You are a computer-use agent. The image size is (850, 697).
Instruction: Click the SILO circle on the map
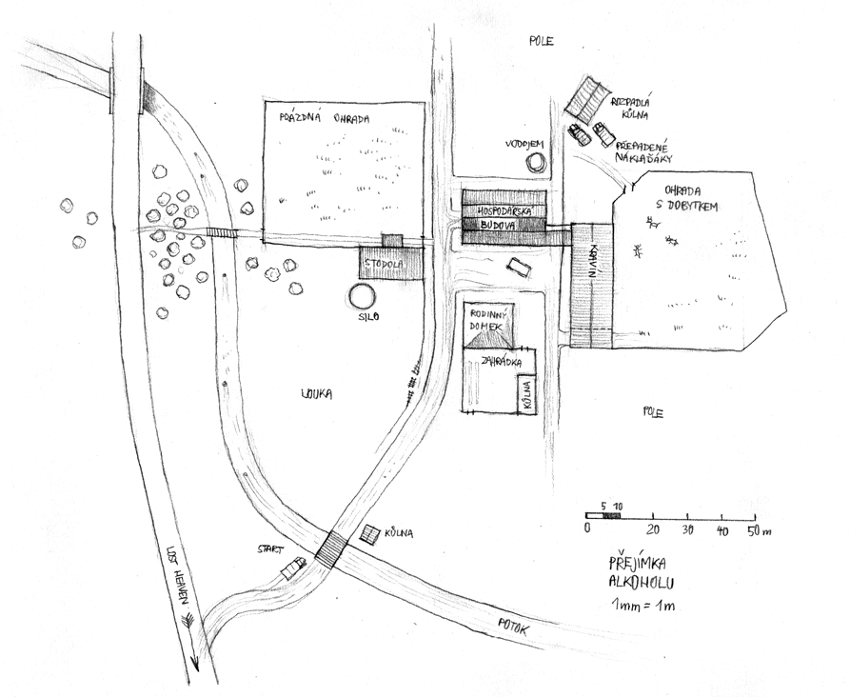(362, 296)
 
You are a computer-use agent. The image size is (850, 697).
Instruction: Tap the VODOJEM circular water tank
(536, 162)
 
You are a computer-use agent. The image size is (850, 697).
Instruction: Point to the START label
(271, 548)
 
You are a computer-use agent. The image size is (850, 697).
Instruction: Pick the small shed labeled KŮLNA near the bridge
(369, 534)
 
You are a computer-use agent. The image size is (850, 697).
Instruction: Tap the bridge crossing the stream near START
(332, 549)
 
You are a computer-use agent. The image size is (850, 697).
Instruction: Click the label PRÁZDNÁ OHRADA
(324, 119)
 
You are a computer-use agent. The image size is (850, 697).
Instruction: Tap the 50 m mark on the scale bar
(751, 529)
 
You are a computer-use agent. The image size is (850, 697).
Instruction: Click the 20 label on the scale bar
(653, 529)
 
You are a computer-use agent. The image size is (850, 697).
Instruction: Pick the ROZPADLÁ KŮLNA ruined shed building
(584, 96)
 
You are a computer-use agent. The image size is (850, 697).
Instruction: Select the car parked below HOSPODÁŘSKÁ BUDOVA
(519, 266)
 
